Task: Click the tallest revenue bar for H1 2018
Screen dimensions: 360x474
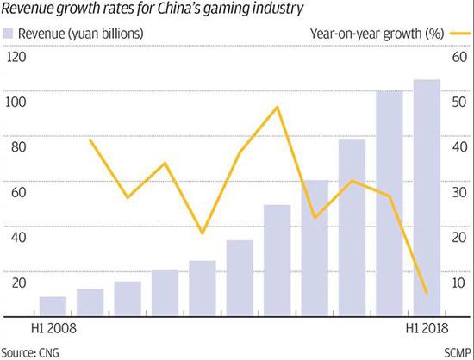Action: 427,198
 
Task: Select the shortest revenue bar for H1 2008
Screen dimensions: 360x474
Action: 53,307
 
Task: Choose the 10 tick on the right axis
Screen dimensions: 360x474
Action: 458,282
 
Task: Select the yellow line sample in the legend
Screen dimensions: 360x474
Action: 458,33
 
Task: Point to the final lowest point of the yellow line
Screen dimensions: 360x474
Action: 427,295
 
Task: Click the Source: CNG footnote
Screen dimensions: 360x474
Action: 30,351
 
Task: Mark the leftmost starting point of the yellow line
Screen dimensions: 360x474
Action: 90,139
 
